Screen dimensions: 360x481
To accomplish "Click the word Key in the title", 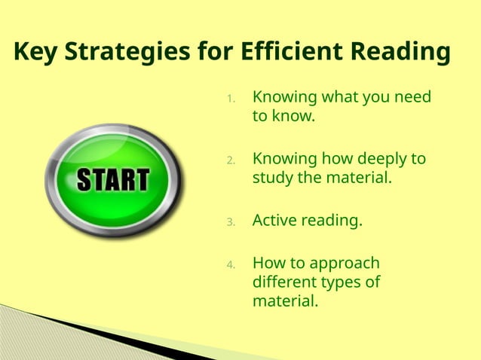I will (x=37, y=53).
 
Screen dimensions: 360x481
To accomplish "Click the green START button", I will (x=114, y=180).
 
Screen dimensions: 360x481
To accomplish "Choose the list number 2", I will (x=231, y=160).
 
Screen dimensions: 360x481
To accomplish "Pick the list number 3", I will (x=231, y=222).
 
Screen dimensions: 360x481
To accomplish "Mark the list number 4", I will (x=231, y=265).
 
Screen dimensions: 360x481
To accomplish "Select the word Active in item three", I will (x=274, y=221).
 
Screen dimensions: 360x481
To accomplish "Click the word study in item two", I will (x=272, y=178).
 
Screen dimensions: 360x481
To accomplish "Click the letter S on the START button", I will (x=84, y=181).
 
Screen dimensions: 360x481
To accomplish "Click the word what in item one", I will (x=341, y=98).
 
